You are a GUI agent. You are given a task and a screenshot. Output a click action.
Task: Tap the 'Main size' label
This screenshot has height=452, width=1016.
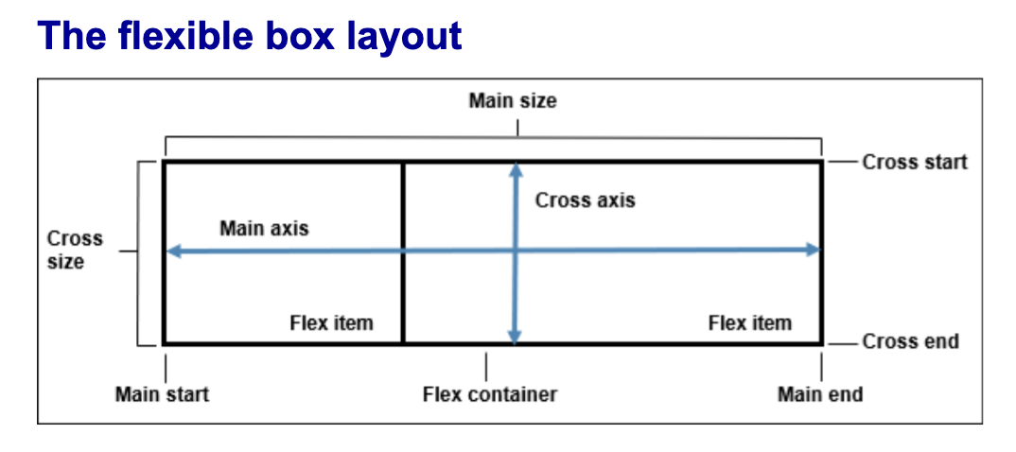[513, 100]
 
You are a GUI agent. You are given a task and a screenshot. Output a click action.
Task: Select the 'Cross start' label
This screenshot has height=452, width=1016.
[915, 162]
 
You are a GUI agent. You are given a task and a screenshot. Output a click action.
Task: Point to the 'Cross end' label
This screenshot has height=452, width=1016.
[910, 341]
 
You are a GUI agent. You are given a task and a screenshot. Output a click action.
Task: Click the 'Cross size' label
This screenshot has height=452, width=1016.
[75, 251]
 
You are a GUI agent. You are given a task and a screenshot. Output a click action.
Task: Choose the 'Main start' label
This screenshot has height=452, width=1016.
[162, 393]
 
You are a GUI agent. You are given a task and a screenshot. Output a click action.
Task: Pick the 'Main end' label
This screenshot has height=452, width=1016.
[820, 393]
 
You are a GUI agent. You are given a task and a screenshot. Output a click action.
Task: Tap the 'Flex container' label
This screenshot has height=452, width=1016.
[489, 393]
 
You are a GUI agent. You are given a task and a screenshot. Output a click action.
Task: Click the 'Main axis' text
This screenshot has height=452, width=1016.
[264, 228]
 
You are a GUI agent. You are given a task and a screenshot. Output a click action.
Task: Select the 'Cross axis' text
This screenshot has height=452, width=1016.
[585, 200]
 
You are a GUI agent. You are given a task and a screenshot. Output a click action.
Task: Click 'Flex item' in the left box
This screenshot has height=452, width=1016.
[331, 323]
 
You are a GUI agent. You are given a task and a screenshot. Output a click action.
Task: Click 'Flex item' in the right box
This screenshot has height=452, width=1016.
[749, 323]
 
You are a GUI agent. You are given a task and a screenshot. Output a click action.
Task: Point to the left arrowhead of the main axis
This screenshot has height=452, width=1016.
[173, 251]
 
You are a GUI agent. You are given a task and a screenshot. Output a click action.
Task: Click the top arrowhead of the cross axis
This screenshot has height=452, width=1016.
[516, 170]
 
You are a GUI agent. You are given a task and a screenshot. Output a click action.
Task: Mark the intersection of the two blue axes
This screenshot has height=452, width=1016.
[516, 251]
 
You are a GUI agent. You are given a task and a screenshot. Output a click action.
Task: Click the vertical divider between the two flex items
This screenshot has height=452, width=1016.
[403, 284]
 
